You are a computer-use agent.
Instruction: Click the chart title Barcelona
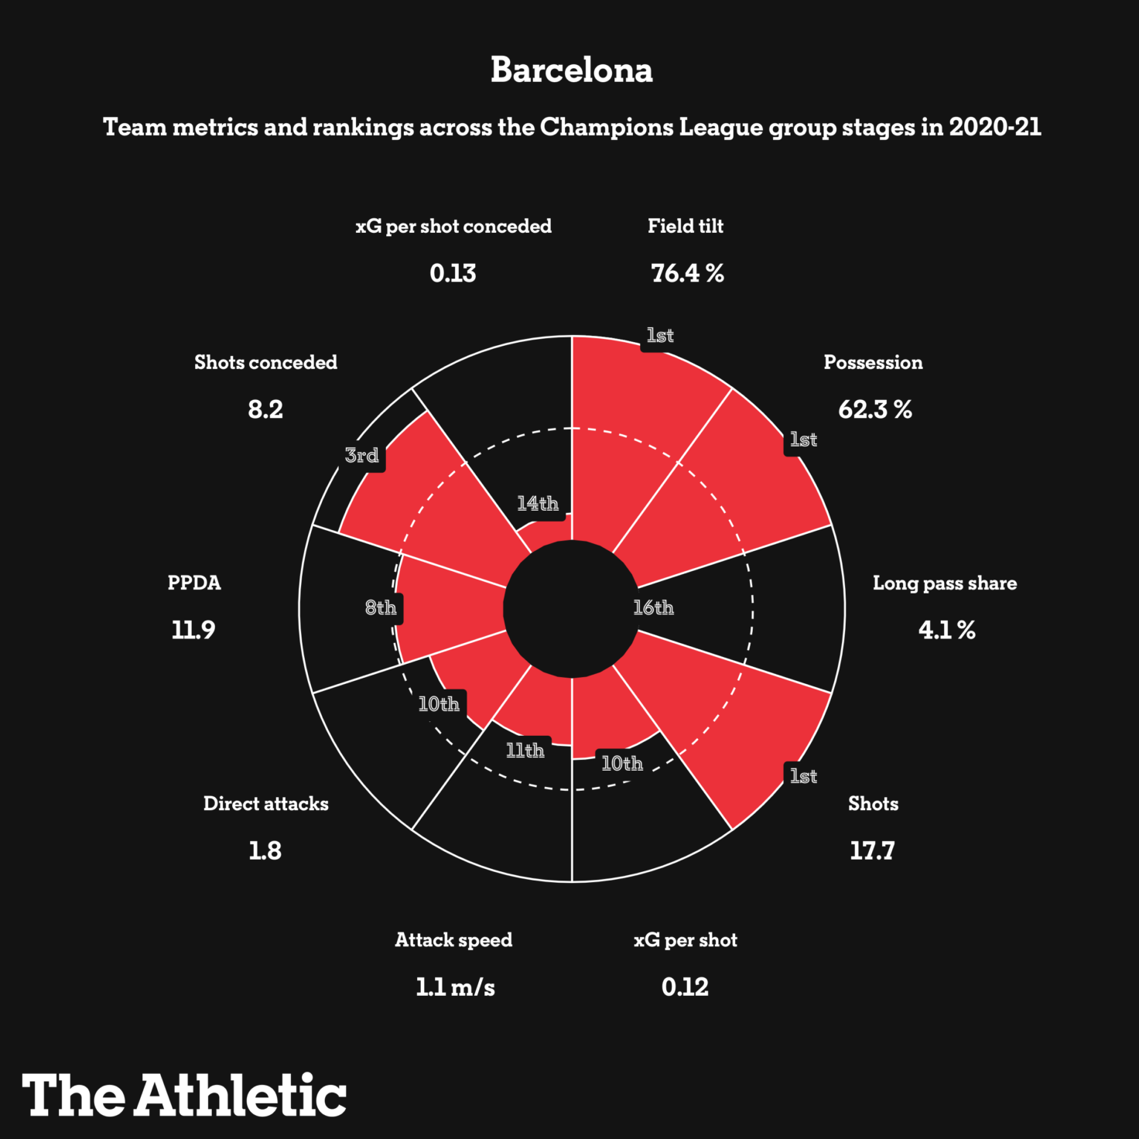(x=571, y=70)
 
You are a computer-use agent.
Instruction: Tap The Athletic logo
(x=184, y=1095)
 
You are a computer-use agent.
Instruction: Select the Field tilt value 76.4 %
(x=687, y=273)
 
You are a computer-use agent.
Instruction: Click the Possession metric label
(x=873, y=362)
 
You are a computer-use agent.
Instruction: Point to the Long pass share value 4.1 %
(x=946, y=630)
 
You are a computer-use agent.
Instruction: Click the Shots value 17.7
(x=872, y=850)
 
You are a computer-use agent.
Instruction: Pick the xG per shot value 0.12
(x=685, y=987)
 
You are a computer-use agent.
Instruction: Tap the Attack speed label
(x=453, y=939)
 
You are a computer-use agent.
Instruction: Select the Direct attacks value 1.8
(x=265, y=850)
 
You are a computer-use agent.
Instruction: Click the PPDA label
(x=194, y=583)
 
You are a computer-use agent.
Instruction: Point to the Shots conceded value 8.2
(x=265, y=409)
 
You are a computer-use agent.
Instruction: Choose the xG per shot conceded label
(x=453, y=226)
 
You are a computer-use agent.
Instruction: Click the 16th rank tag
(x=653, y=607)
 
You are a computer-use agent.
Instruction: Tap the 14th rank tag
(x=538, y=504)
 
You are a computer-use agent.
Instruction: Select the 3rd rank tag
(x=362, y=455)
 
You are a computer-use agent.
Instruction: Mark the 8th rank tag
(x=381, y=608)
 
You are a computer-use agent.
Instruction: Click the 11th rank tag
(x=525, y=750)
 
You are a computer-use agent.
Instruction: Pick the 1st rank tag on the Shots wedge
(x=803, y=776)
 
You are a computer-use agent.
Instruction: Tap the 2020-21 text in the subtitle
(x=995, y=127)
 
